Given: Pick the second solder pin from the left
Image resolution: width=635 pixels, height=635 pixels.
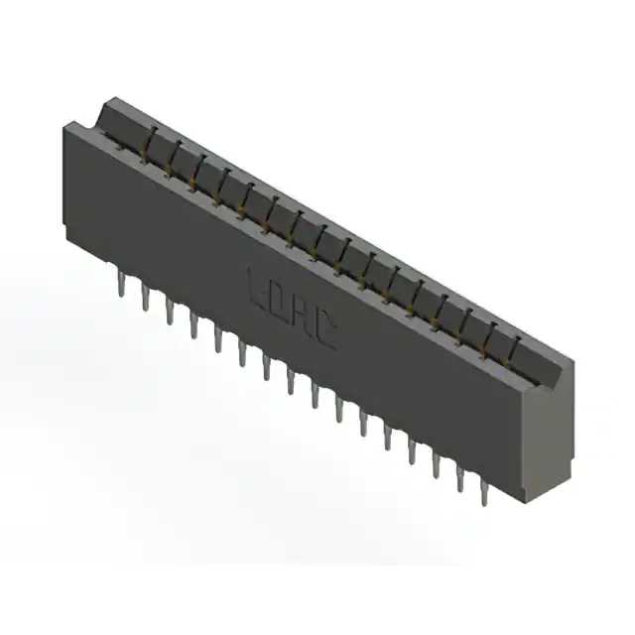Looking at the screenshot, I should coord(145,299).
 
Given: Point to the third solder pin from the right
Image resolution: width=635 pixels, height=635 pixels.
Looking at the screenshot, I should coord(435,464).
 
